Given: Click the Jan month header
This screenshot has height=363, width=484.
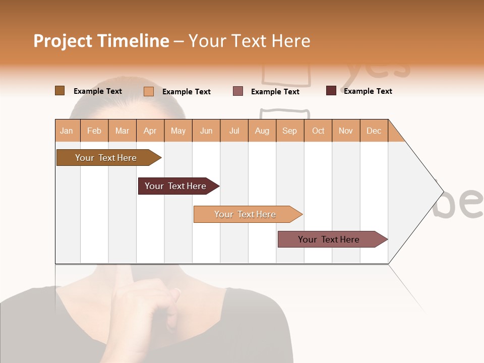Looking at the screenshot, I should click(x=67, y=131).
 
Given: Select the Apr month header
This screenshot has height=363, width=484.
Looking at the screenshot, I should click(x=150, y=131).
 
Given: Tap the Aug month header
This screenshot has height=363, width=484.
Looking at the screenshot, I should click(x=262, y=131).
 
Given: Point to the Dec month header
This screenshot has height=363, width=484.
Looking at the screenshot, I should click(x=374, y=131).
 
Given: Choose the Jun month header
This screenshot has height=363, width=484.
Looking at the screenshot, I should click(x=206, y=131).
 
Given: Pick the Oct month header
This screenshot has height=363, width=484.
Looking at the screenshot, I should click(x=318, y=131).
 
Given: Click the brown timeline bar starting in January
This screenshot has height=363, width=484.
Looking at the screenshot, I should click(x=106, y=158).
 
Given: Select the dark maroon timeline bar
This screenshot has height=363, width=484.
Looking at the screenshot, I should click(x=175, y=186).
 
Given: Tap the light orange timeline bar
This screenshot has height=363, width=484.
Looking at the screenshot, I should click(x=245, y=214).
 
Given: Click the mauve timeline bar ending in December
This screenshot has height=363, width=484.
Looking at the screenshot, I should click(x=329, y=239).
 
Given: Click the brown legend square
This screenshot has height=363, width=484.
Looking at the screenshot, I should click(x=59, y=91).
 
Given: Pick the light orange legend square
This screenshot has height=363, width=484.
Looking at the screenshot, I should click(x=149, y=91).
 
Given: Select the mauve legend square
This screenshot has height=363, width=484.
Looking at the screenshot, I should click(x=238, y=91).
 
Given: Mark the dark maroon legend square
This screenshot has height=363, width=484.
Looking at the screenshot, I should click(x=331, y=91).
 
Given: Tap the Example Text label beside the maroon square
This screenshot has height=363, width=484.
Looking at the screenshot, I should click(x=368, y=91).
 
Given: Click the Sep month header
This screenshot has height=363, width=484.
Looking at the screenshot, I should click(x=289, y=131).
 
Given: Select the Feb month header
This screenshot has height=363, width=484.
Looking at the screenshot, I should click(x=94, y=131).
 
